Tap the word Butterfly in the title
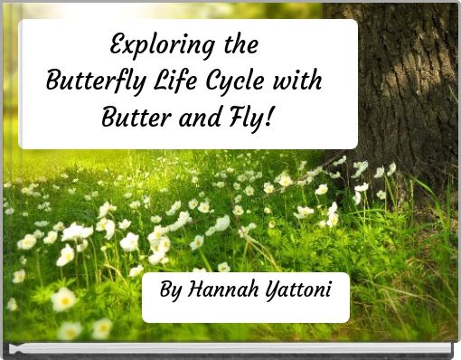(x=89, y=81)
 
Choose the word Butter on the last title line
(x=134, y=116)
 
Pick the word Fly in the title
(x=249, y=116)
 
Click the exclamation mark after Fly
(x=271, y=115)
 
